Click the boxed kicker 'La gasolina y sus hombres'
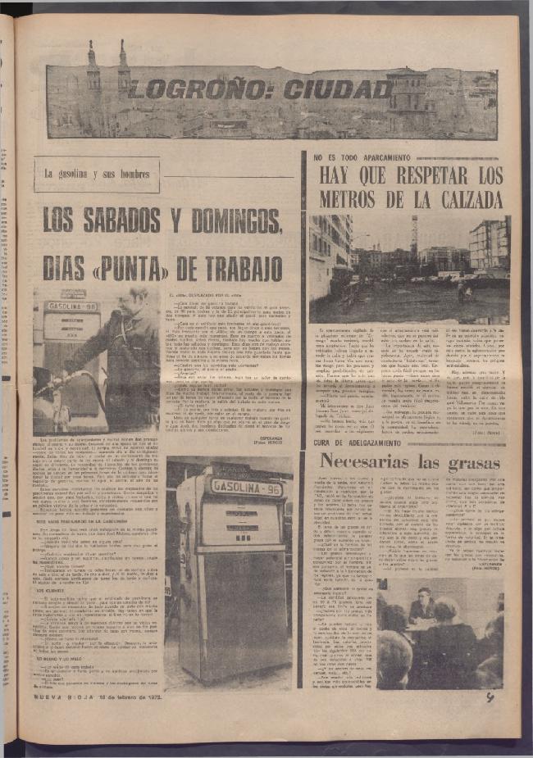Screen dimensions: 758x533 [97, 175]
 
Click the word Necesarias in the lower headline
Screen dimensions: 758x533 [368, 461]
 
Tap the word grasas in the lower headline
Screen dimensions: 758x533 [472, 462]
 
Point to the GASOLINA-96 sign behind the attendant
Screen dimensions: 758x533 [72, 305]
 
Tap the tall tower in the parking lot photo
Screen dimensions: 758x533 [415, 238]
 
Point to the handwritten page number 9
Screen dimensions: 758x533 [489, 697]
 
